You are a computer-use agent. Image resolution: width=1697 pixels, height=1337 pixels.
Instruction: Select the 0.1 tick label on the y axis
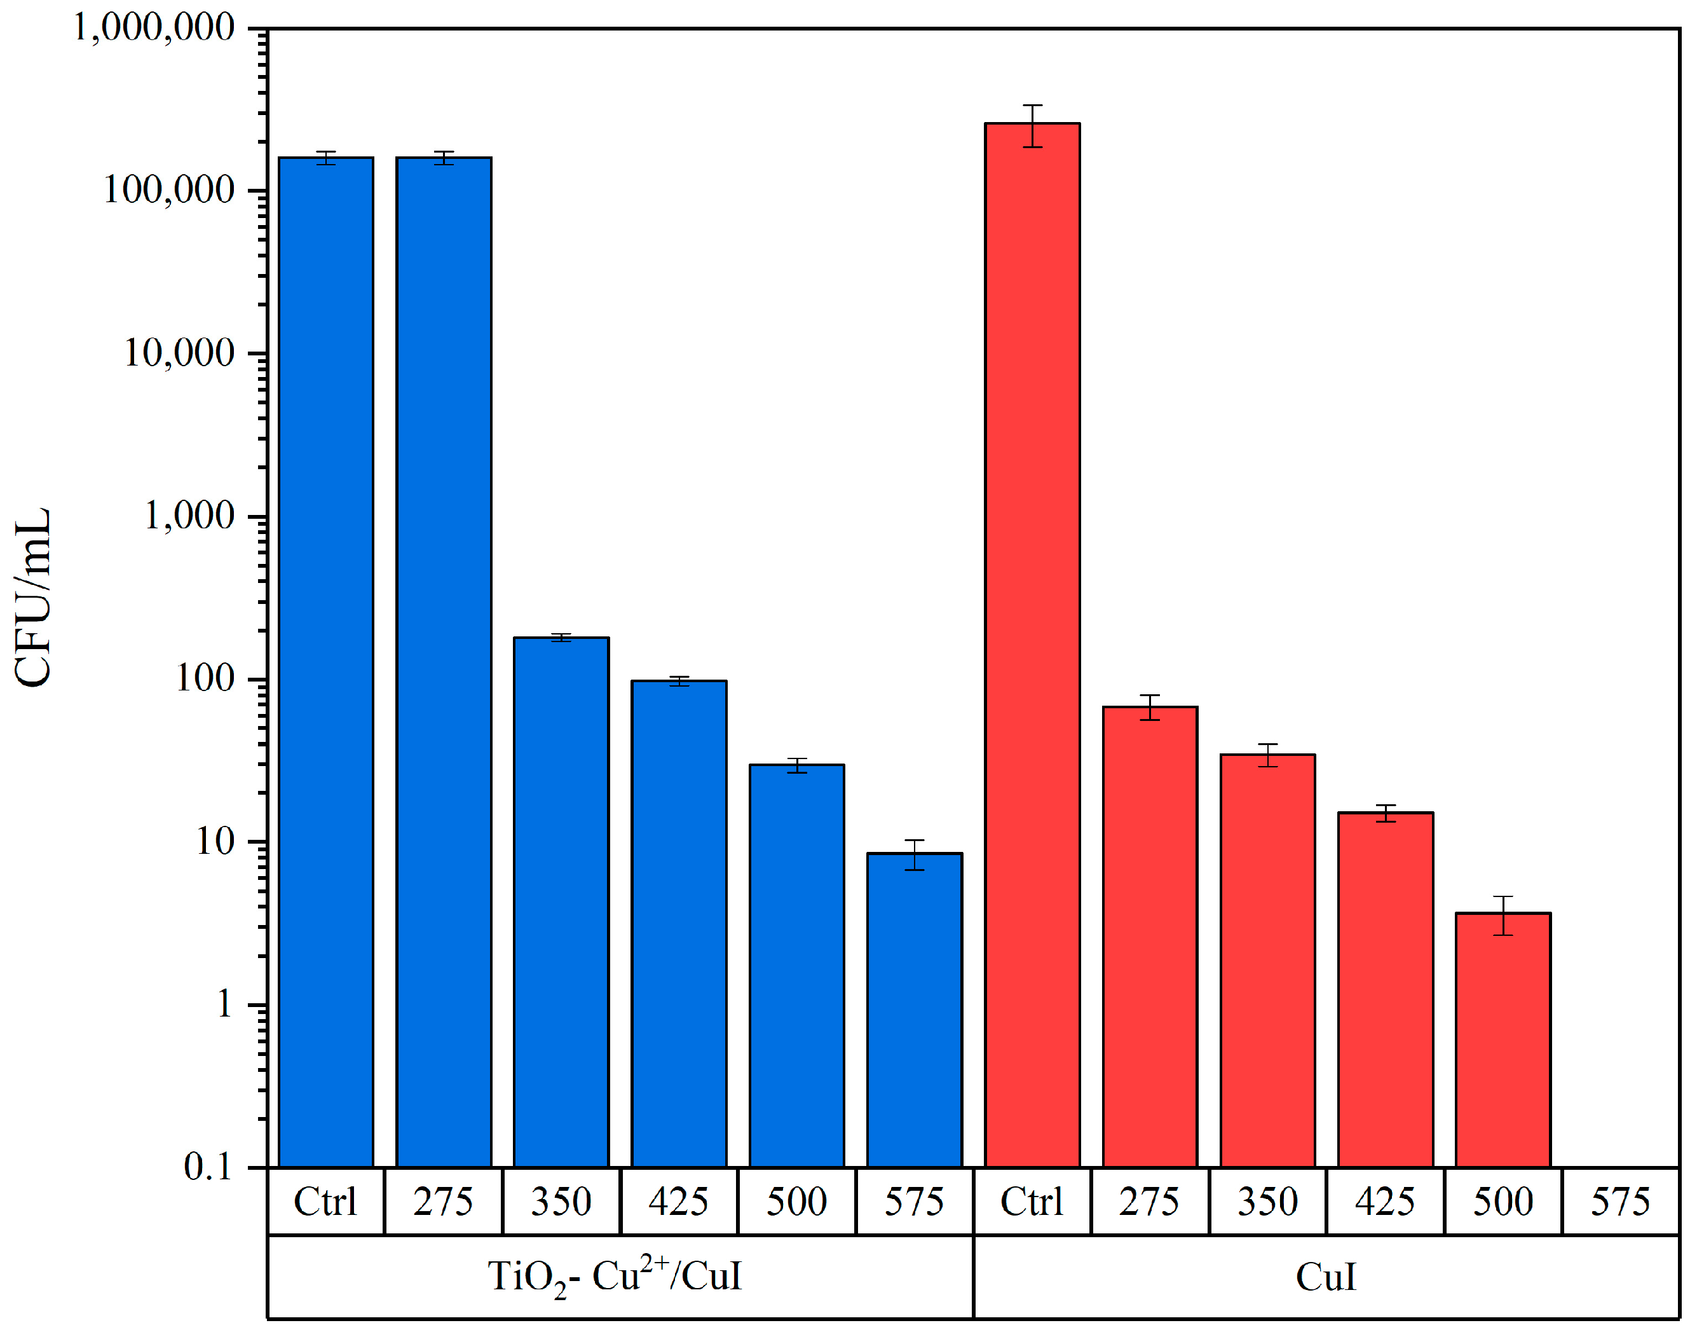pyautogui.click(x=208, y=1167)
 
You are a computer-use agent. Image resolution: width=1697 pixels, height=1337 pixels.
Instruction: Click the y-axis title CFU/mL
pyautogui.click(x=33, y=597)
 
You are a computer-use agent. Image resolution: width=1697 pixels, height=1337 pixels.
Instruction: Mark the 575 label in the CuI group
pyautogui.click(x=1619, y=1202)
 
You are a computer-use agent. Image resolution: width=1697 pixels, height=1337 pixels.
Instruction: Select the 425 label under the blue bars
pyautogui.click(x=678, y=1202)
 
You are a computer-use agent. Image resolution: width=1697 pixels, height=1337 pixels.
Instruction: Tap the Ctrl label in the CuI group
pyautogui.click(x=1032, y=1202)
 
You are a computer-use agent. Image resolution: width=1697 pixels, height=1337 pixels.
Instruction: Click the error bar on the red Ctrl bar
pyautogui.click(x=1032, y=125)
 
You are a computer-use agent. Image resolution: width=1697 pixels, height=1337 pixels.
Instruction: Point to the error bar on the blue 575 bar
pyautogui.click(x=914, y=855)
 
